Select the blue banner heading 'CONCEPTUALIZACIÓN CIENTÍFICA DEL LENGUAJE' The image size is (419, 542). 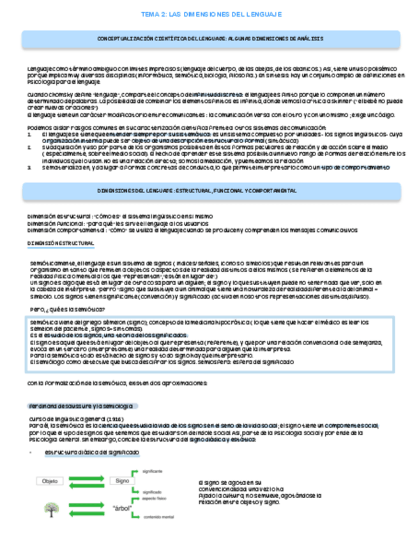(x=210, y=39)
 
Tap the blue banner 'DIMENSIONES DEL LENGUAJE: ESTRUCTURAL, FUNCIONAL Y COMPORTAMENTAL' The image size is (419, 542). (x=210, y=191)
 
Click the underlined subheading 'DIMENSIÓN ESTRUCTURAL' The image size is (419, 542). (x=61, y=245)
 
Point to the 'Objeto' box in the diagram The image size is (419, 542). (x=50, y=481)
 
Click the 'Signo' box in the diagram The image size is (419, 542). (x=119, y=481)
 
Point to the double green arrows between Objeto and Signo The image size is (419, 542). (x=84, y=481)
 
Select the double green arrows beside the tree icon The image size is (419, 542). (x=84, y=509)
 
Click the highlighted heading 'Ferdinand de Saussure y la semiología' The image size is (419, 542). (x=82, y=407)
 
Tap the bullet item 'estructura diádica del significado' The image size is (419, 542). (x=91, y=452)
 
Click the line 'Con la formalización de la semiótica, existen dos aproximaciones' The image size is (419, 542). (x=117, y=383)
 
